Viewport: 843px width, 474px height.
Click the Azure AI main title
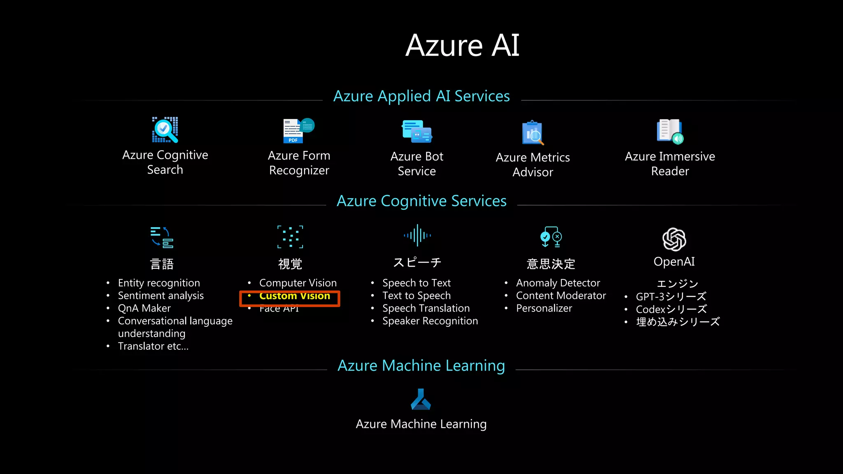pos(462,45)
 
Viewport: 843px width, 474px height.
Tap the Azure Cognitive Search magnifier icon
pos(165,130)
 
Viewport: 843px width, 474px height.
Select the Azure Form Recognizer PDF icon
pos(298,131)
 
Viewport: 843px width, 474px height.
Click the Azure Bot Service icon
pos(417,131)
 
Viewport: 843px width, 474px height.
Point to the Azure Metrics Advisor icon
pos(533,133)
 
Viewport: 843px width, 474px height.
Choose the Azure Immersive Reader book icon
pos(670,131)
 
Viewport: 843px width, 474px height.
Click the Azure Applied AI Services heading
pos(421,96)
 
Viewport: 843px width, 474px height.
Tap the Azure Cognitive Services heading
pos(421,201)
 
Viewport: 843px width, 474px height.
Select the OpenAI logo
pos(674,239)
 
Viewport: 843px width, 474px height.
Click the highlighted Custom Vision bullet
pos(294,296)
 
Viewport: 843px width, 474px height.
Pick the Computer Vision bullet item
pos(298,283)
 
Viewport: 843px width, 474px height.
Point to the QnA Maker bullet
pos(144,309)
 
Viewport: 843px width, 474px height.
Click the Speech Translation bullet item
pos(426,309)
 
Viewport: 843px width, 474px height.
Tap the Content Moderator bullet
pos(561,296)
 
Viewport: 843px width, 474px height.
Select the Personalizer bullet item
pos(544,309)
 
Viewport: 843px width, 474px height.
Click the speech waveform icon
pos(417,235)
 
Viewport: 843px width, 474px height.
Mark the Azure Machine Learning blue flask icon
pos(421,400)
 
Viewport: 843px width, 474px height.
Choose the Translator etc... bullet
pos(153,346)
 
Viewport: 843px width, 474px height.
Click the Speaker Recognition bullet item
pos(430,321)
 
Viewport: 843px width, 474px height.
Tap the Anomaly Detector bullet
pos(558,283)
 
